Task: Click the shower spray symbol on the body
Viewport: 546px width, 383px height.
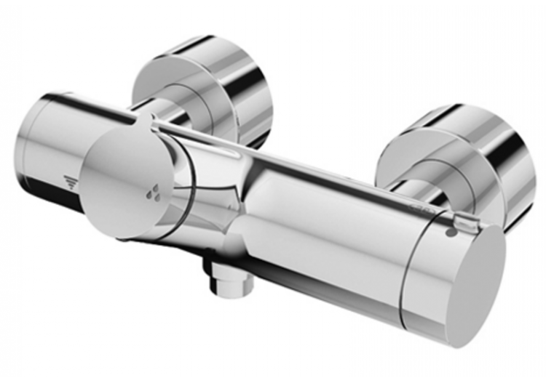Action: pos(71,182)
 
